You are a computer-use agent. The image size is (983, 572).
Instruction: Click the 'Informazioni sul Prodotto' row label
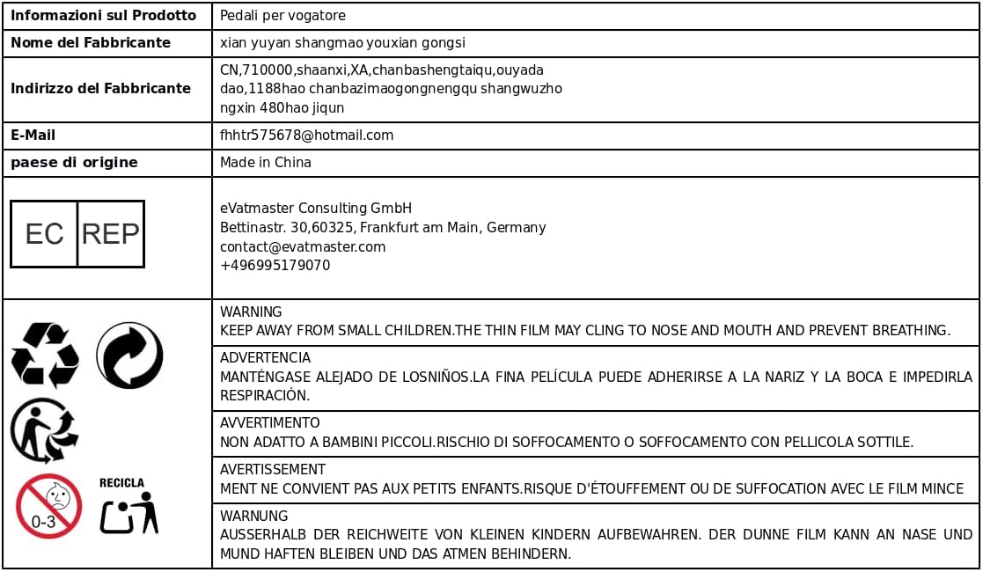(103, 16)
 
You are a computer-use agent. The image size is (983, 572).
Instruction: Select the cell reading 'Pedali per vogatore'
(282, 16)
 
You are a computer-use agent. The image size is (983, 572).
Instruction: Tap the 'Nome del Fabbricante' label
(91, 43)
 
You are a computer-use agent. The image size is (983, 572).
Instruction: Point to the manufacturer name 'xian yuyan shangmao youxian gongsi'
(342, 43)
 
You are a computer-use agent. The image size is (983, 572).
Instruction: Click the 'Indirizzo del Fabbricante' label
(100, 89)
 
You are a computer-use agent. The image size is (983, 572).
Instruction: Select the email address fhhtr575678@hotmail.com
(306, 136)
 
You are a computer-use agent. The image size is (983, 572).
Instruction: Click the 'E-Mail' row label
(33, 136)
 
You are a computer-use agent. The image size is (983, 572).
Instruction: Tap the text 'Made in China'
(265, 163)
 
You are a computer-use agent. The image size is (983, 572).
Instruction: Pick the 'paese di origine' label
(74, 163)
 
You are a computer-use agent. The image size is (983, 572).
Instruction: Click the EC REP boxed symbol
(77, 233)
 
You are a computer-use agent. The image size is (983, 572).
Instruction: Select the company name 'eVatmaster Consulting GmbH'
(316, 209)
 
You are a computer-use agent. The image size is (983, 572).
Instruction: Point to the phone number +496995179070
(275, 266)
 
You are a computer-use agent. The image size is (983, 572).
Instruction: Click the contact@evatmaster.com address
(303, 247)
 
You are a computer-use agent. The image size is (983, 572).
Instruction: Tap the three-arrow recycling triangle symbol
(45, 355)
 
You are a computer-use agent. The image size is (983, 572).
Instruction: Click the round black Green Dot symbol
(129, 355)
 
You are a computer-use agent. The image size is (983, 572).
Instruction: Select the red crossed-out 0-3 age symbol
(48, 506)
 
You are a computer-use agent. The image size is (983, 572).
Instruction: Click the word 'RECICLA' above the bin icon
(121, 483)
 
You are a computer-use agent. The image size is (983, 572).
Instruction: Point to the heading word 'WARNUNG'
(253, 517)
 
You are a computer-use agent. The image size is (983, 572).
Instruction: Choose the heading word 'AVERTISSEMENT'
(273, 470)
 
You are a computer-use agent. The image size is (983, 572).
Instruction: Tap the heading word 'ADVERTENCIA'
(265, 358)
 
